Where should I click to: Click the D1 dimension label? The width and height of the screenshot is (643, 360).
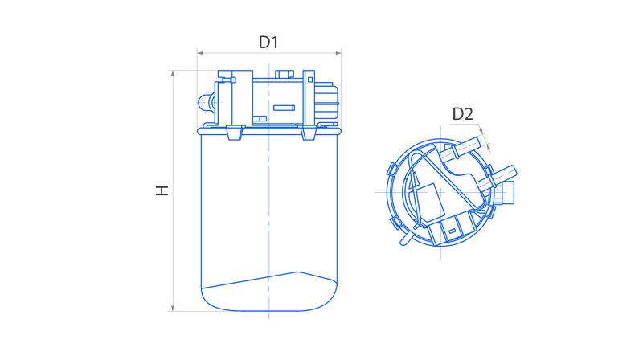pos(268,43)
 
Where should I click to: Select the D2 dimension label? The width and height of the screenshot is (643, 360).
pos(463,114)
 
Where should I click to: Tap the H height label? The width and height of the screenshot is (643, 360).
pos(162,190)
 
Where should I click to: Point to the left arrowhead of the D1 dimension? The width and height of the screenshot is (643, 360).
pos(200,53)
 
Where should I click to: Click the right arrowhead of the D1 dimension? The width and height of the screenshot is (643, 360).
pos(338,53)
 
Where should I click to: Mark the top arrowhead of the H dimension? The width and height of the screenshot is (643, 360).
pos(173,73)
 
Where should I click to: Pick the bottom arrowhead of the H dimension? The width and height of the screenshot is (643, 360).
pos(173,308)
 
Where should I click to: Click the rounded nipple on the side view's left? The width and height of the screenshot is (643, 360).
pos(205,103)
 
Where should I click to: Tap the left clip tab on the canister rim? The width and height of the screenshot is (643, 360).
pos(235,133)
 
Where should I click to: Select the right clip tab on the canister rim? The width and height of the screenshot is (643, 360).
pos(309,133)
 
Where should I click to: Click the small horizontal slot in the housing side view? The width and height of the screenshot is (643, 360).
pos(284,108)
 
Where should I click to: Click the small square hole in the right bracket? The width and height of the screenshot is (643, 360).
pos(310,80)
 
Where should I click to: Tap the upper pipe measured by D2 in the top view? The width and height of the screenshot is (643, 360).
pos(460,149)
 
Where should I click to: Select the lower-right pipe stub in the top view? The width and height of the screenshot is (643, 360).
pos(497,176)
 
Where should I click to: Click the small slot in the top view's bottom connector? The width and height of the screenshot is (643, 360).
pos(452,231)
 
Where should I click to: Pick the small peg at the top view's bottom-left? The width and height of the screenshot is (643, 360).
pos(406,238)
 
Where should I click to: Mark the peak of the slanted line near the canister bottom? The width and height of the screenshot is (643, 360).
pos(297,272)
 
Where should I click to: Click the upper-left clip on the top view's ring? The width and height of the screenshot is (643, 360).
pos(392,169)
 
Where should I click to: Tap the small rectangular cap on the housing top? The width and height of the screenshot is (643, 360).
pos(285,74)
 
